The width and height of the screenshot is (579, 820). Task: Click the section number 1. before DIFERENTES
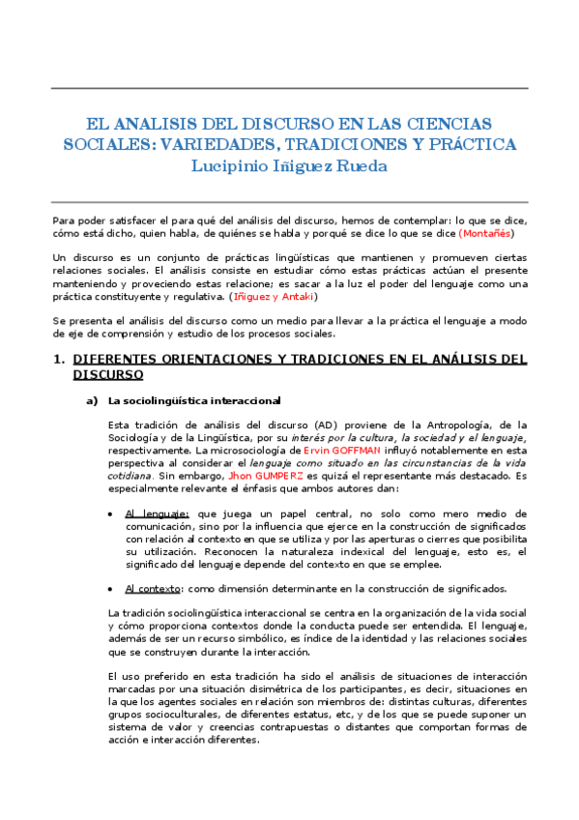tap(57, 360)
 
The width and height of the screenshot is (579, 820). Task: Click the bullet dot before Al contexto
tap(115, 589)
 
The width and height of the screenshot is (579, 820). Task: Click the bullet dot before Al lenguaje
tap(115, 513)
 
